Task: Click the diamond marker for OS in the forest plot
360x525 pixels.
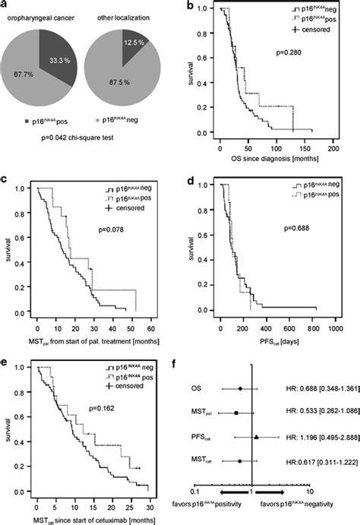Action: (241, 388)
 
